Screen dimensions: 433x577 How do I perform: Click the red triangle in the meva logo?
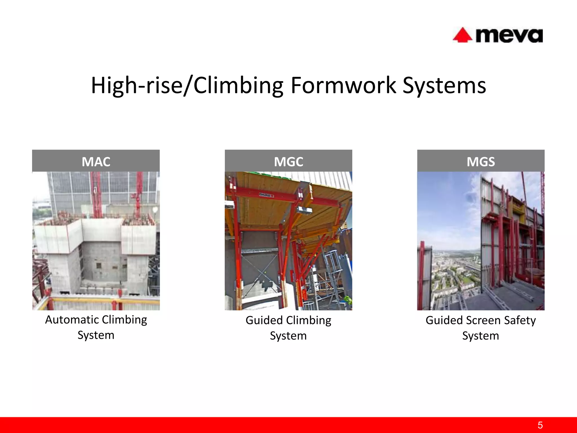point(462,36)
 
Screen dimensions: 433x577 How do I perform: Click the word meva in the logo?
point(509,36)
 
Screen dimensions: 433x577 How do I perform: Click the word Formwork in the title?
point(343,85)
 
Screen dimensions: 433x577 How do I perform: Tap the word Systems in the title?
point(444,85)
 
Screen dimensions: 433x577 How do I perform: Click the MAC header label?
point(96,162)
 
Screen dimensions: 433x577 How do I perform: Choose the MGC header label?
point(288,162)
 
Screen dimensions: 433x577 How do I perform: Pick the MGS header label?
point(481,162)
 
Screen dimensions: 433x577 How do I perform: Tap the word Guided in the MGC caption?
point(264,320)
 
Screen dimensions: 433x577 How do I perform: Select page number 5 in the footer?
point(540,425)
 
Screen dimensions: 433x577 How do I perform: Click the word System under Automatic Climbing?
point(96,335)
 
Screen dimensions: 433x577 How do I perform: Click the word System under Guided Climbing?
point(288,336)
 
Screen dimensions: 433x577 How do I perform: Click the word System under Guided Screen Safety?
point(481,336)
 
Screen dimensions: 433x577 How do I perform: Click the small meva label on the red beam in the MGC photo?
point(267,195)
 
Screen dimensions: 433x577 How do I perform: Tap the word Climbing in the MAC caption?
point(124,320)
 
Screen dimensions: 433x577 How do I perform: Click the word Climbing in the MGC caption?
point(309,320)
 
